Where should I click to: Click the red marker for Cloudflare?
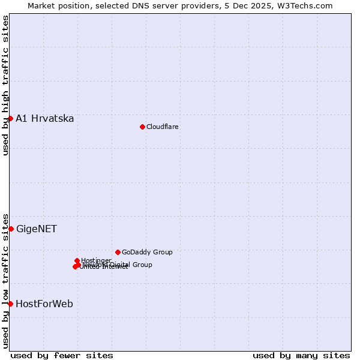point(142,127)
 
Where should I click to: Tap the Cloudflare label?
point(162,127)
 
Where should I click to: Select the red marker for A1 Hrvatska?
point(10,118)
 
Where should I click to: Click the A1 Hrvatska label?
point(45,118)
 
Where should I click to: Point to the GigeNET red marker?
point(11,229)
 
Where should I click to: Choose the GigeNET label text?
point(37,229)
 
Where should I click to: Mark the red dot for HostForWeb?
point(10,304)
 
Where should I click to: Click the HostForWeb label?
point(44,304)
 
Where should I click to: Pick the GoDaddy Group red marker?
point(118,252)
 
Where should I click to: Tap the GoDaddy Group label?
point(147,252)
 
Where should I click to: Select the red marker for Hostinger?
point(77,260)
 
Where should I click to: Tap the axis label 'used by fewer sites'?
point(62,355)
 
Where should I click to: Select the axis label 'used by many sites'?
point(301,355)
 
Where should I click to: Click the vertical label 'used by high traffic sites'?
point(5,85)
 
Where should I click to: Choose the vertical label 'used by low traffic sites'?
point(5,281)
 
